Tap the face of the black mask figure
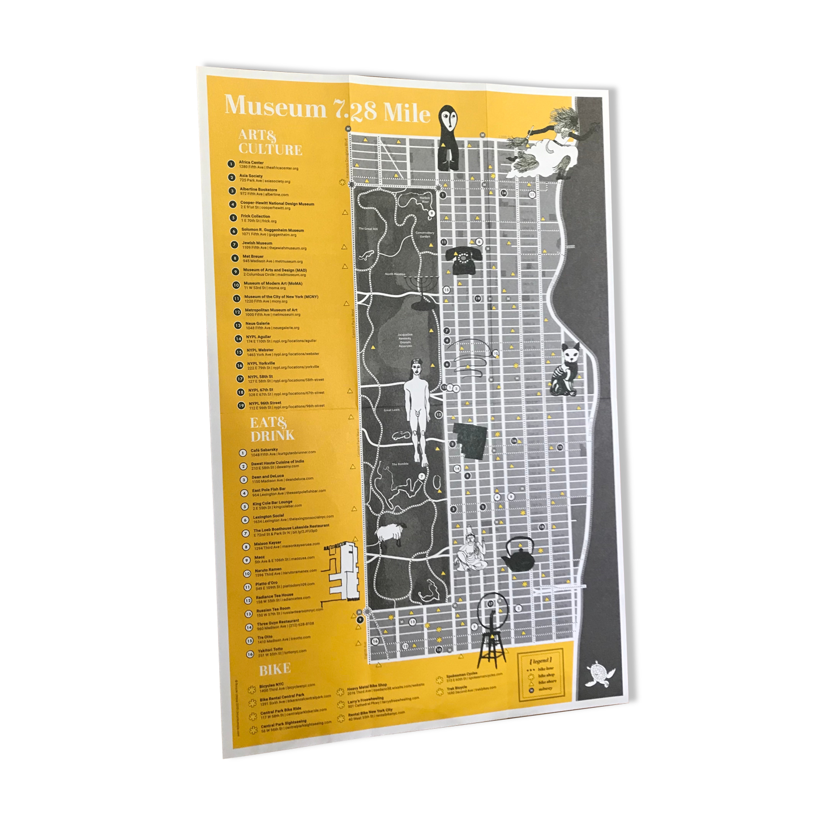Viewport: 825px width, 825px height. point(452,120)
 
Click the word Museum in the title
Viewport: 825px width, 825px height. point(275,106)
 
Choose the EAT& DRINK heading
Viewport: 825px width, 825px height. point(272,429)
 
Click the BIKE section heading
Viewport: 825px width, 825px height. point(275,670)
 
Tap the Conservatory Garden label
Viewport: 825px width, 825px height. point(425,235)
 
